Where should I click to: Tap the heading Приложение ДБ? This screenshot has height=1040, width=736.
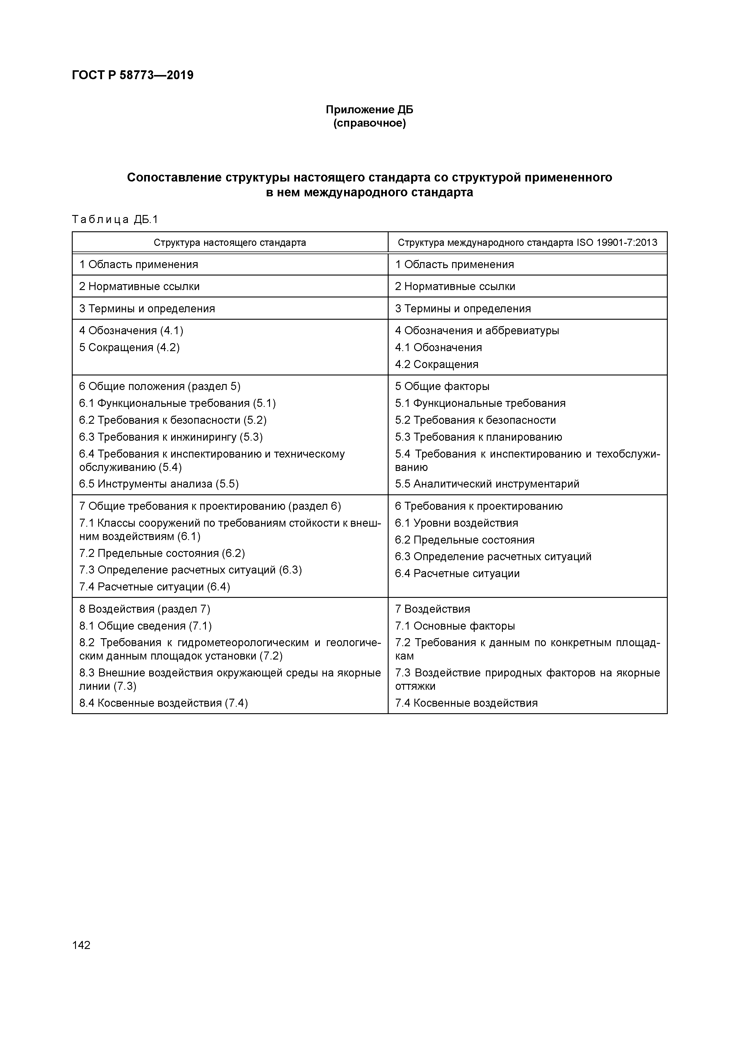[369, 110]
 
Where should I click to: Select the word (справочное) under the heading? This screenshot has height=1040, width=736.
[369, 123]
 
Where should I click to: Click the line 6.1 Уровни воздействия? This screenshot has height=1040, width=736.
[456, 523]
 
